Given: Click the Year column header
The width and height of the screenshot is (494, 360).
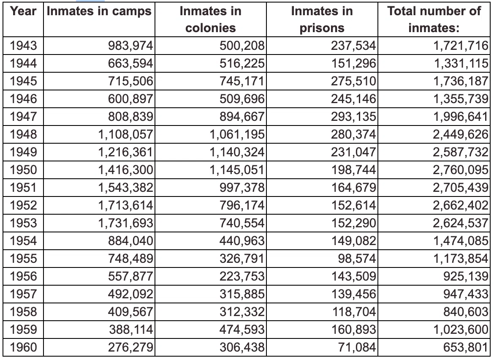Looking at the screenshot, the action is click(x=23, y=11).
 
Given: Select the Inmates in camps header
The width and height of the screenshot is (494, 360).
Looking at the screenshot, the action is click(x=99, y=11).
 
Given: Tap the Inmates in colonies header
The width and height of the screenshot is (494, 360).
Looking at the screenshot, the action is click(x=210, y=19).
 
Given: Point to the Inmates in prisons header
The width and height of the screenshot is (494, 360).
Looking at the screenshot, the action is click(x=322, y=19).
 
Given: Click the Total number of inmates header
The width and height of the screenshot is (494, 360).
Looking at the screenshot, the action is click(x=434, y=19).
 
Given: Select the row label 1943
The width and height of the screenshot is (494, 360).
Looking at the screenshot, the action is click(x=23, y=46).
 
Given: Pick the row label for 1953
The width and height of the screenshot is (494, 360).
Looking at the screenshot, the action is click(x=23, y=223).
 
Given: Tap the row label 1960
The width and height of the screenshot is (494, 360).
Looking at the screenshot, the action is click(x=23, y=347).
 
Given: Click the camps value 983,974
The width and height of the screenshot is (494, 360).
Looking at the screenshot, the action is click(x=130, y=46).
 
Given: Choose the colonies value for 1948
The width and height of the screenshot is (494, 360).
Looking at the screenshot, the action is click(x=237, y=135).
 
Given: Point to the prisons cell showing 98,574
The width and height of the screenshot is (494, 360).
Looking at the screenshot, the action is click(x=357, y=259).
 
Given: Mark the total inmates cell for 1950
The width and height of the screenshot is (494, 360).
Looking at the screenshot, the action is click(x=460, y=170).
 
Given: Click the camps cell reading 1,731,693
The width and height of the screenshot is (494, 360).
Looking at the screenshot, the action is click(x=125, y=223).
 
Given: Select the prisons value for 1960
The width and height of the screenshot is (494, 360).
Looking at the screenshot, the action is click(x=357, y=347).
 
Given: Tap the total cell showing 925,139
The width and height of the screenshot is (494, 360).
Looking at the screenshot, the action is click(x=465, y=276).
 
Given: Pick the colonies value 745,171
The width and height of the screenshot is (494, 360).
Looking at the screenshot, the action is click(x=242, y=81).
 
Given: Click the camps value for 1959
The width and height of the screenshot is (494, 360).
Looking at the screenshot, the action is click(x=131, y=330).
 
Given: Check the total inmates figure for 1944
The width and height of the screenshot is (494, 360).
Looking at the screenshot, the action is click(x=461, y=63).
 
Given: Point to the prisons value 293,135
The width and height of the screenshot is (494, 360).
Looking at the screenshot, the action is click(x=353, y=117).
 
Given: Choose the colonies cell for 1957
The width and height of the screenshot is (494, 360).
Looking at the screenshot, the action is click(x=242, y=294).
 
